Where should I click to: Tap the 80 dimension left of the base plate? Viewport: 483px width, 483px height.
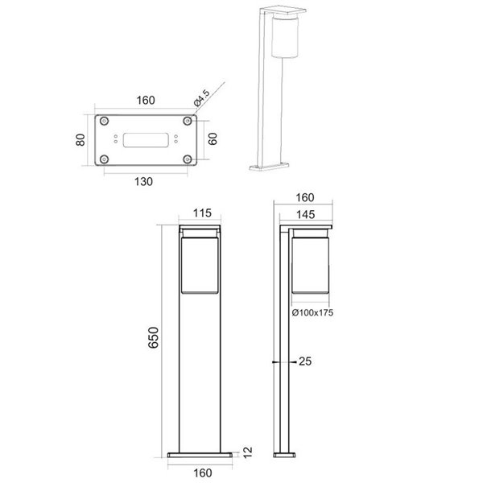(80, 140)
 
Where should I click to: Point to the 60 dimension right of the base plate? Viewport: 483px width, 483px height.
(213, 139)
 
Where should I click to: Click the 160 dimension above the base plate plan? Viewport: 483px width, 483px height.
(146, 102)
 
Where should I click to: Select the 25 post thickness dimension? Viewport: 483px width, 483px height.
(305, 363)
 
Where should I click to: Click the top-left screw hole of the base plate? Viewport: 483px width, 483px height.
(105, 121)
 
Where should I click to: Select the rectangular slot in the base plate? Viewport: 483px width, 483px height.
(146, 139)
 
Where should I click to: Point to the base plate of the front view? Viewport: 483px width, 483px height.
(201, 456)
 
